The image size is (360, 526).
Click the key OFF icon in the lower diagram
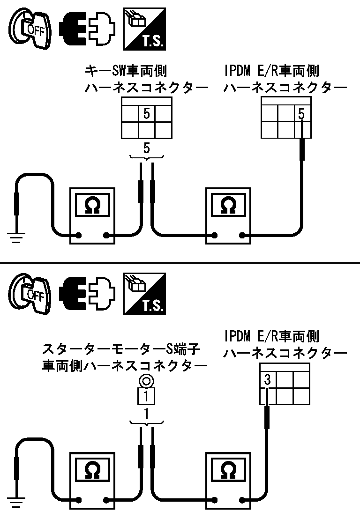click(x=30, y=294)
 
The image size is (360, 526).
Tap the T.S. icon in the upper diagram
click(x=144, y=29)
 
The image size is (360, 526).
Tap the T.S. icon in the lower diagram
click(x=144, y=294)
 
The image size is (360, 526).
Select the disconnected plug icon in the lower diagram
click(x=88, y=294)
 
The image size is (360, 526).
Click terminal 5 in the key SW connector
click(x=147, y=114)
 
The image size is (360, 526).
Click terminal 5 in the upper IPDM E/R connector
click(x=302, y=114)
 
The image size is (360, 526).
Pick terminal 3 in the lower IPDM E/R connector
click(x=267, y=380)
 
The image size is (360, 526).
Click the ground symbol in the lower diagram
click(x=17, y=504)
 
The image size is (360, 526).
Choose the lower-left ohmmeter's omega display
click(x=91, y=470)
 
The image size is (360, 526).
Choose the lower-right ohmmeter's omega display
click(x=229, y=470)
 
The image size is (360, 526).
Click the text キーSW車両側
click(x=126, y=71)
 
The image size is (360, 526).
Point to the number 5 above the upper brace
click(x=147, y=148)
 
